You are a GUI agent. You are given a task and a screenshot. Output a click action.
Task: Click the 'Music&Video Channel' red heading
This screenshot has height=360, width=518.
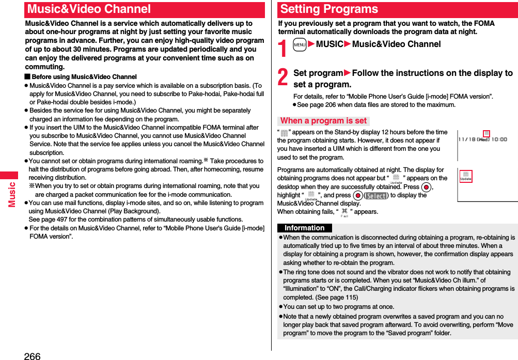click(89, 9)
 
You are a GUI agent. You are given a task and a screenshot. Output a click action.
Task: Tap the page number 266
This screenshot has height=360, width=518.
click(32, 355)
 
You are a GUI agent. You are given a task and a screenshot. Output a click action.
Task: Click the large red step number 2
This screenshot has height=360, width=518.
click(283, 77)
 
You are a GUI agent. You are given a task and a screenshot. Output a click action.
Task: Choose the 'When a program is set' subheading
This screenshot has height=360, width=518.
click(323, 121)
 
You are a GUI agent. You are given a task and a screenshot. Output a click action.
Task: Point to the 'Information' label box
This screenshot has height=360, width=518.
click(305, 228)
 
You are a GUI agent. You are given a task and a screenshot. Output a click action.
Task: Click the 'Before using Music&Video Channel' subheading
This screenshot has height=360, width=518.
click(84, 77)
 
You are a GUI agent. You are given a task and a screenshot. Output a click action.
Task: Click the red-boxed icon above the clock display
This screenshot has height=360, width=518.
click(486, 134)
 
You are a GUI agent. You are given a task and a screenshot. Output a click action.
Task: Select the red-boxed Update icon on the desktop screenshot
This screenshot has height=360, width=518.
click(466, 177)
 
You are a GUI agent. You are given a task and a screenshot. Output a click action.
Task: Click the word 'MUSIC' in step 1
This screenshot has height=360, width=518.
click(329, 44)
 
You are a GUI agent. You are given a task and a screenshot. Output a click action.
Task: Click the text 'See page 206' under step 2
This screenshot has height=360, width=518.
click(320, 105)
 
